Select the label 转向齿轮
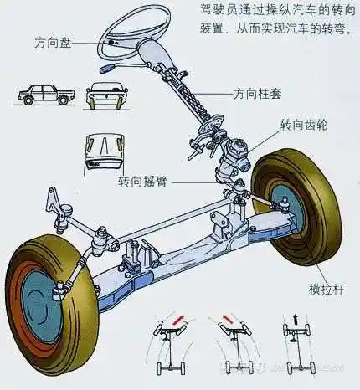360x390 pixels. (302, 124)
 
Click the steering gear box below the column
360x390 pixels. (234, 154)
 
